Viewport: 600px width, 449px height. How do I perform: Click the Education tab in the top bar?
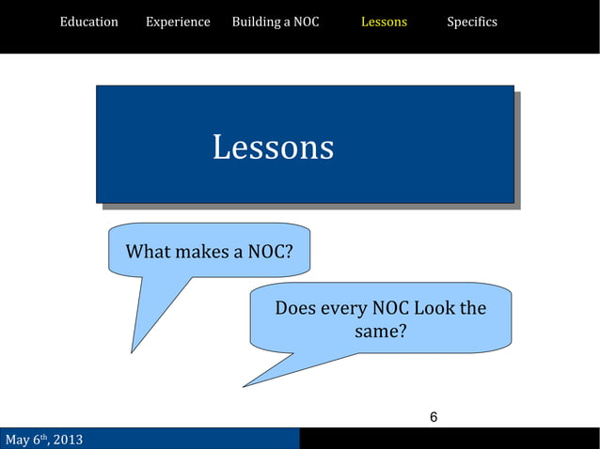[x=89, y=22]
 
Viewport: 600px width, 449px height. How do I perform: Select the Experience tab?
[x=178, y=22]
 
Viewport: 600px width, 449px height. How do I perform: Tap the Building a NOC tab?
[x=276, y=22]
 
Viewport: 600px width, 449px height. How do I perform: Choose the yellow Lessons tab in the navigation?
[x=384, y=22]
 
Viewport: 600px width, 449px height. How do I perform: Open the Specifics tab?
[x=472, y=22]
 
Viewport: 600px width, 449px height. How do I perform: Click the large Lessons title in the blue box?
[x=273, y=147]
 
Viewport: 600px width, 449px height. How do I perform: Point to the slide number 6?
[x=434, y=417]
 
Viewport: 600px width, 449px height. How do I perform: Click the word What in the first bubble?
[x=149, y=252]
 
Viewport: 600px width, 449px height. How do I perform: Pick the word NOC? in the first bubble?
[x=270, y=252]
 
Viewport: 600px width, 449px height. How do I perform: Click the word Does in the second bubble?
[x=295, y=308]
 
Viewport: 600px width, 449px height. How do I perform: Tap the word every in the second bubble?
[x=344, y=308]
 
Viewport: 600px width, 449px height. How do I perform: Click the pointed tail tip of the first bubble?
[x=132, y=352]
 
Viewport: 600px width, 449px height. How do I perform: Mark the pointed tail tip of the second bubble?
[x=244, y=386]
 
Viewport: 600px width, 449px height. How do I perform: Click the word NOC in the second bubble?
[x=390, y=308]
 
